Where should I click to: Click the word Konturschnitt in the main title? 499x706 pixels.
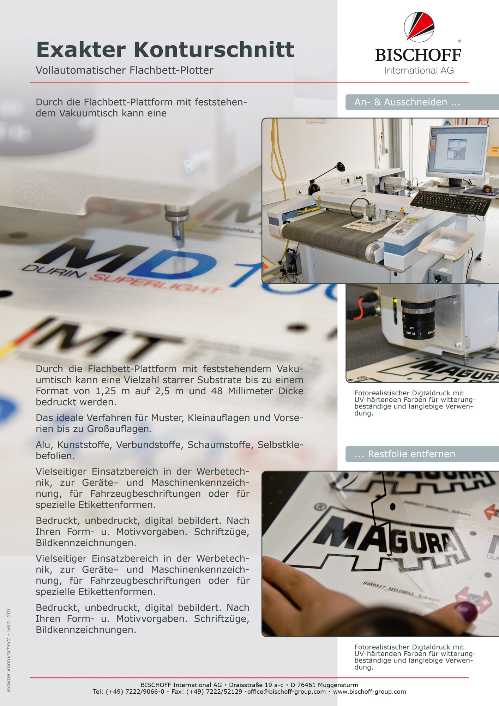[x=214, y=49]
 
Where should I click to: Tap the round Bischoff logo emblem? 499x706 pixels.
[x=419, y=27]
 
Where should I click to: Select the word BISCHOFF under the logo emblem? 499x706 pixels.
[x=418, y=55]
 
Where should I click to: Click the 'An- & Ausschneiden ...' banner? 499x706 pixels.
[x=422, y=102]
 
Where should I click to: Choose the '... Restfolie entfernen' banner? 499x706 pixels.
[x=422, y=454]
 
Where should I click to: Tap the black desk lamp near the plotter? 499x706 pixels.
[x=325, y=178]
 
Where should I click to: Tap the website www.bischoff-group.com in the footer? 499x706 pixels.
[x=369, y=692]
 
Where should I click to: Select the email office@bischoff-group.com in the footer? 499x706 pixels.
[x=286, y=692]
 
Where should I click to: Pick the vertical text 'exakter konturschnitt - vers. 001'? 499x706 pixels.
[x=9, y=650]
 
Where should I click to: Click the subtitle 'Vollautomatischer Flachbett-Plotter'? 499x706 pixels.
[x=125, y=70]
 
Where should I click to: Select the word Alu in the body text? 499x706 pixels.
[x=44, y=445]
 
